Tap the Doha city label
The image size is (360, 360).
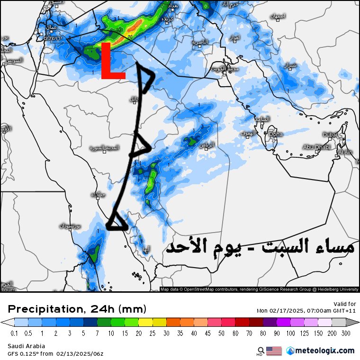point(276,135)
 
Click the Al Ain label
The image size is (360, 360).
point(345,152)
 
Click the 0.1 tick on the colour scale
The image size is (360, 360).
point(14,333)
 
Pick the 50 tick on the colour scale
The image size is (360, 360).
point(229,333)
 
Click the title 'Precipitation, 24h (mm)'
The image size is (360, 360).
point(77,309)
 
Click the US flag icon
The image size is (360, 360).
point(274,351)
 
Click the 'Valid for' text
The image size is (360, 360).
point(344,304)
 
